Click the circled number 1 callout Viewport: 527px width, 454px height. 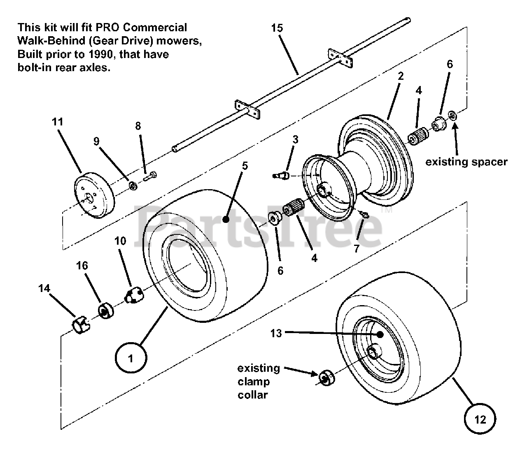(131, 358)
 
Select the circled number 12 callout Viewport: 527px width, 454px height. (480, 419)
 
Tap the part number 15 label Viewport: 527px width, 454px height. (277, 28)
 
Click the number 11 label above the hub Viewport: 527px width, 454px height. (58, 122)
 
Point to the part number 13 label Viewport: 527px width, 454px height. (276, 333)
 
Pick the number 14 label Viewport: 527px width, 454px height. (44, 288)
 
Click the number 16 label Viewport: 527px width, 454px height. (82, 266)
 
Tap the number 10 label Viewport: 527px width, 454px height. (120, 241)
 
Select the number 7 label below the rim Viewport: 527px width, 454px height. (357, 248)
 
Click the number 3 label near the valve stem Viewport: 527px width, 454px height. (295, 139)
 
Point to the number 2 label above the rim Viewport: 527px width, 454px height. (401, 76)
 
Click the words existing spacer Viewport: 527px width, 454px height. (466, 162)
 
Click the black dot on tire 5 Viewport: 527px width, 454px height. (226, 220)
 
